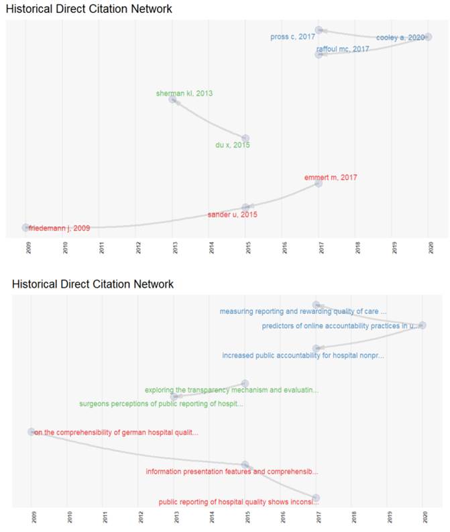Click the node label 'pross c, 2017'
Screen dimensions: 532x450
tap(292, 36)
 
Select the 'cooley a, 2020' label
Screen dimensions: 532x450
tap(400, 38)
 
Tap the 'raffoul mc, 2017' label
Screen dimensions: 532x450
tap(343, 49)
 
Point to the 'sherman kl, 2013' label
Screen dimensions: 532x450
tap(184, 93)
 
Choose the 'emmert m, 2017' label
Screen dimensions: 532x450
tap(330, 177)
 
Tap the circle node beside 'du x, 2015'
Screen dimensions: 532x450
tap(245, 138)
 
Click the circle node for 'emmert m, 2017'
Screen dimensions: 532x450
tap(319, 183)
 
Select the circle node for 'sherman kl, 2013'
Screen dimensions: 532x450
tap(172, 99)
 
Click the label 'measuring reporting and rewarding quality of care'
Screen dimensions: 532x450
tap(303, 311)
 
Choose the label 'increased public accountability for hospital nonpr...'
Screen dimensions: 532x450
tap(303, 356)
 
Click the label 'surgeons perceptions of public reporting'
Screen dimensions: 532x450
tap(161, 404)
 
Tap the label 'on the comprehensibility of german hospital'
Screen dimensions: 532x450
tap(116, 432)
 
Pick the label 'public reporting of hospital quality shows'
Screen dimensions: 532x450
tap(235, 502)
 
